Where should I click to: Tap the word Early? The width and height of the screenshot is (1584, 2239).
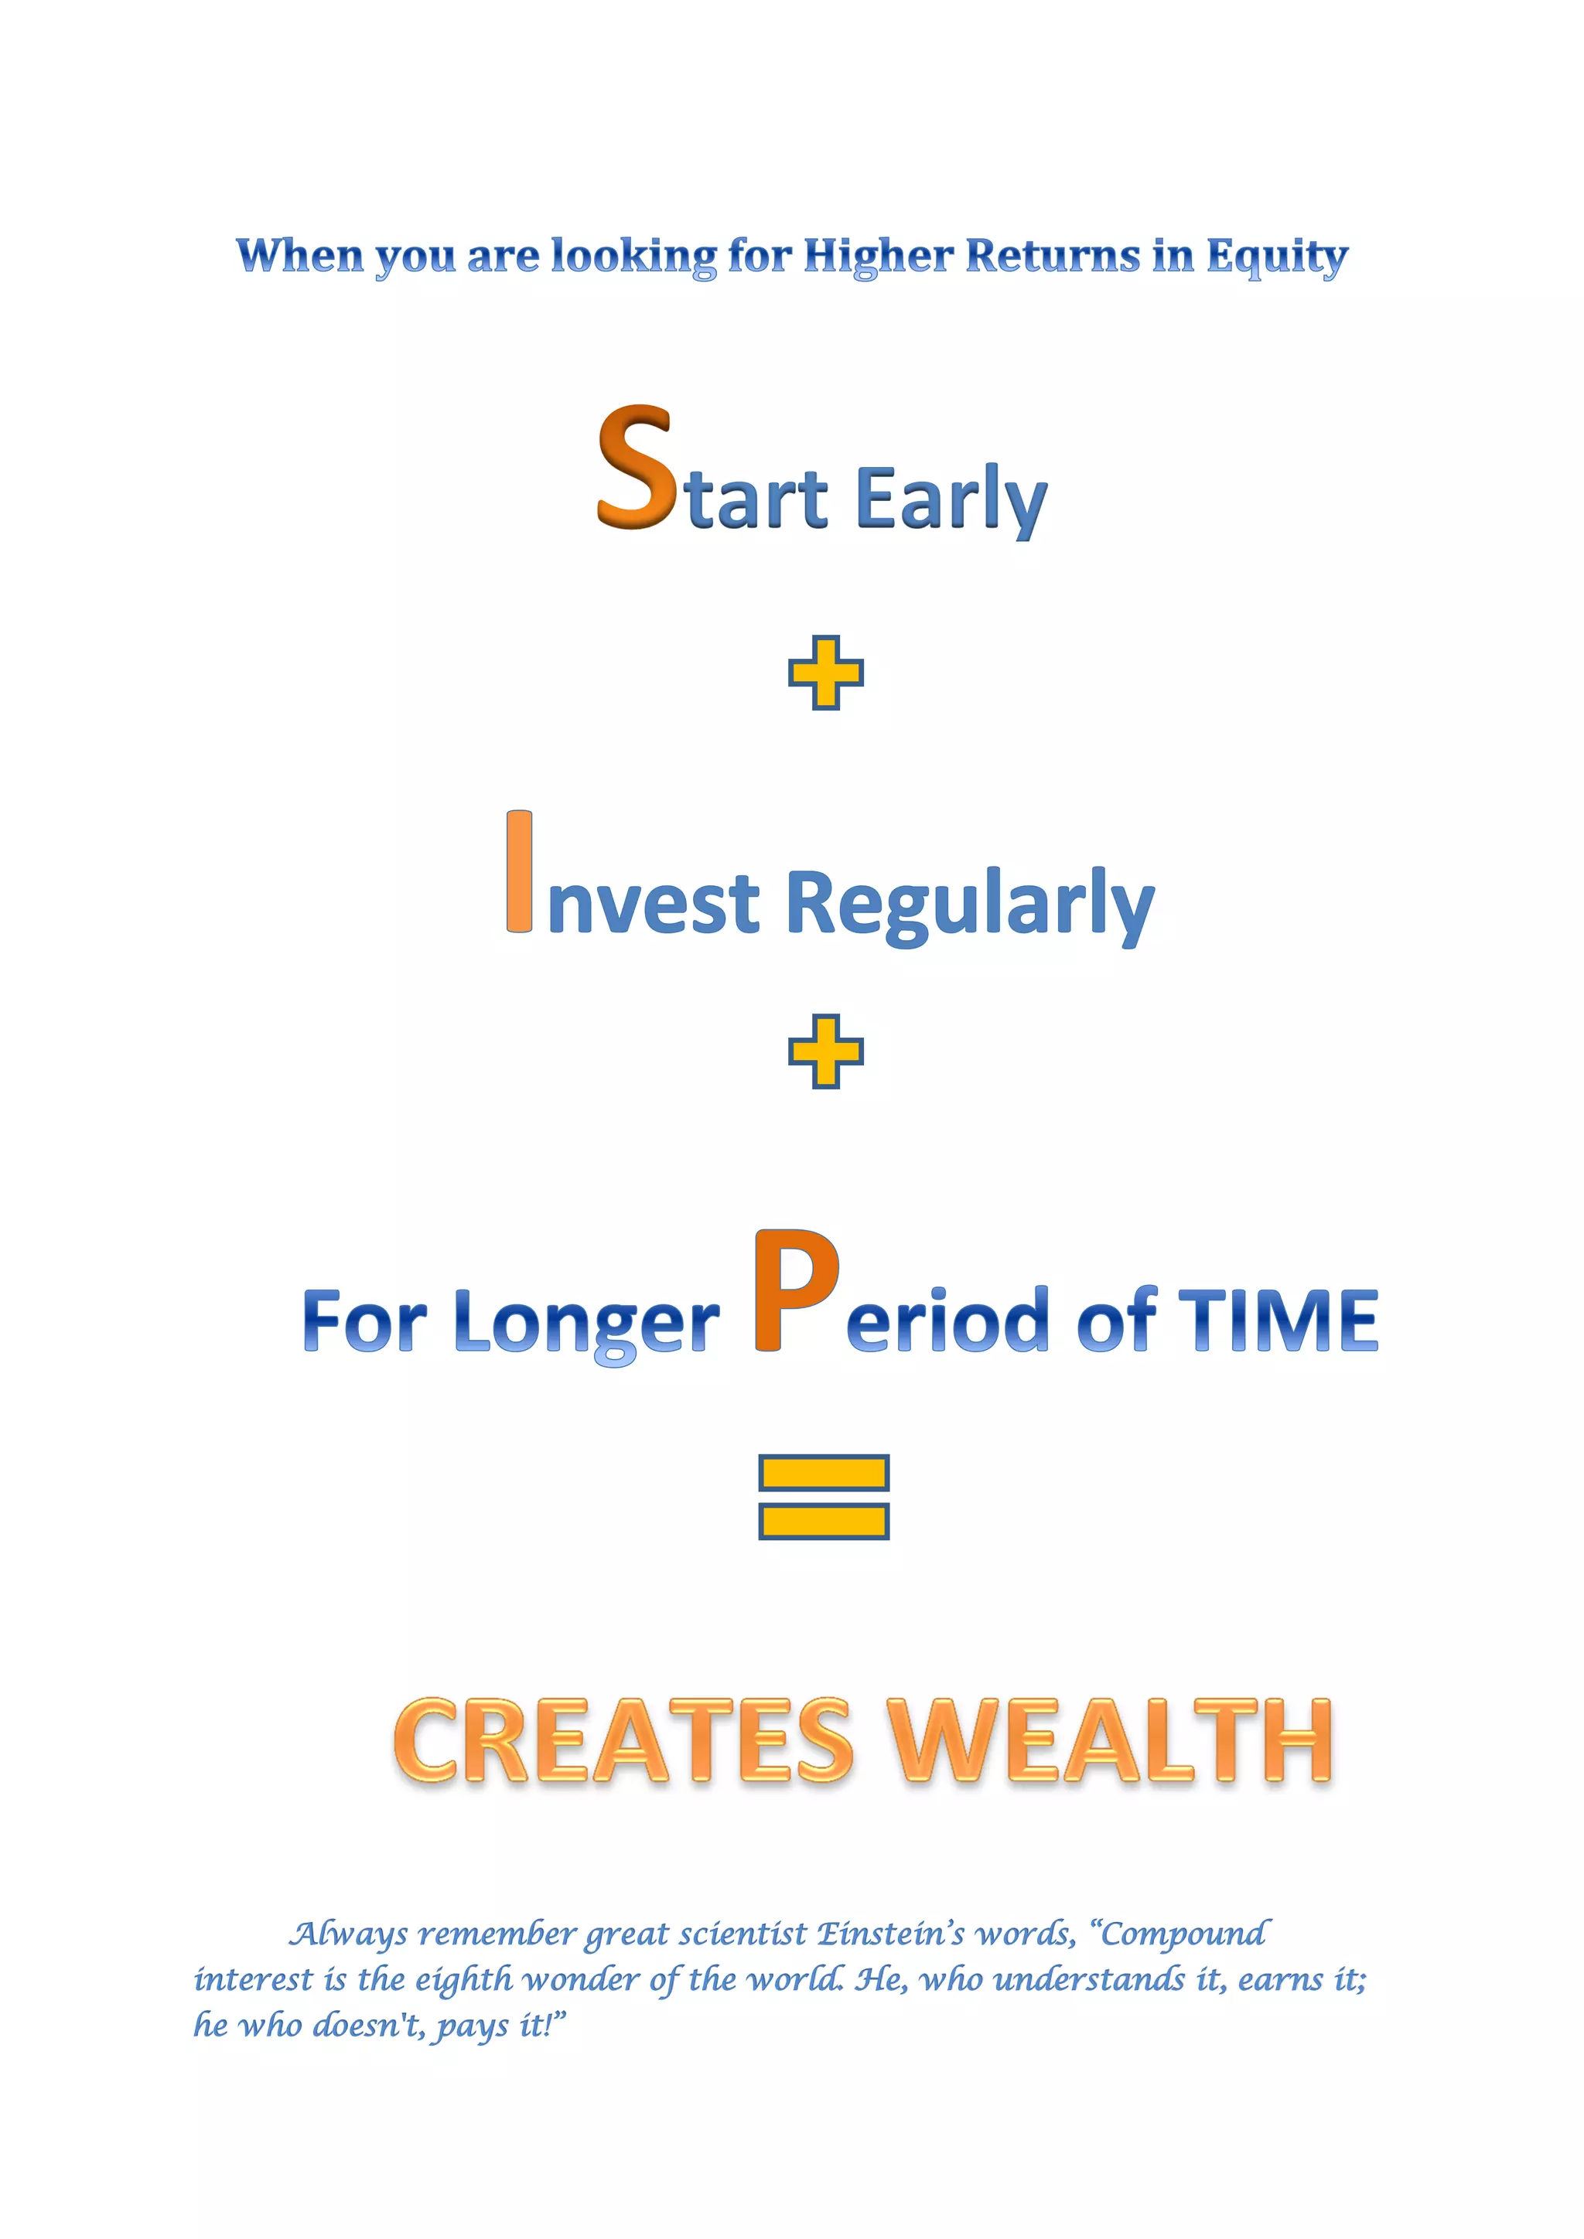[951, 499]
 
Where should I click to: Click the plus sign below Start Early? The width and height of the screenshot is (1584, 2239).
[826, 673]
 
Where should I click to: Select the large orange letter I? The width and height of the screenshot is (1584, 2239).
[520, 871]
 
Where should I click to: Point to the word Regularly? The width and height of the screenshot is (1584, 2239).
[970, 905]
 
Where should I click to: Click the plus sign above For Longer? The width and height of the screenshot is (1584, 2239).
[826, 1051]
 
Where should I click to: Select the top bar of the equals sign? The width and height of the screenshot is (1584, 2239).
[824, 1473]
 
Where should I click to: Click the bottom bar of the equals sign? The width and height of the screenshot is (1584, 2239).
[824, 1522]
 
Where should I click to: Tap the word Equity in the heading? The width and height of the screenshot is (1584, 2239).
[1277, 257]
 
